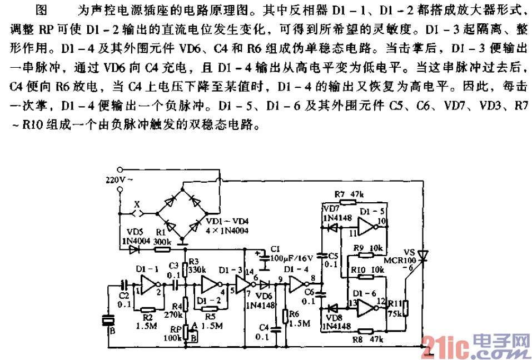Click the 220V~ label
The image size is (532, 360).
[118, 179]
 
